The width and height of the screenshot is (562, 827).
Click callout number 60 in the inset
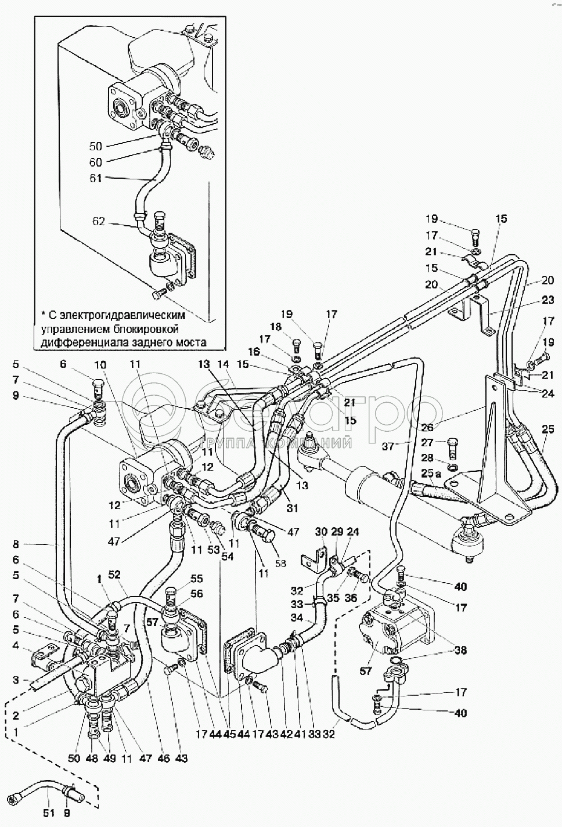tap(95, 162)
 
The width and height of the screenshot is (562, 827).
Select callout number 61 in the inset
tap(95, 178)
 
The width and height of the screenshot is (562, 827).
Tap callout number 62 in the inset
tap(100, 221)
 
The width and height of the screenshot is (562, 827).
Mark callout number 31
tap(292, 508)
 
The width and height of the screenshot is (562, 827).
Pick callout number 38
tap(461, 651)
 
